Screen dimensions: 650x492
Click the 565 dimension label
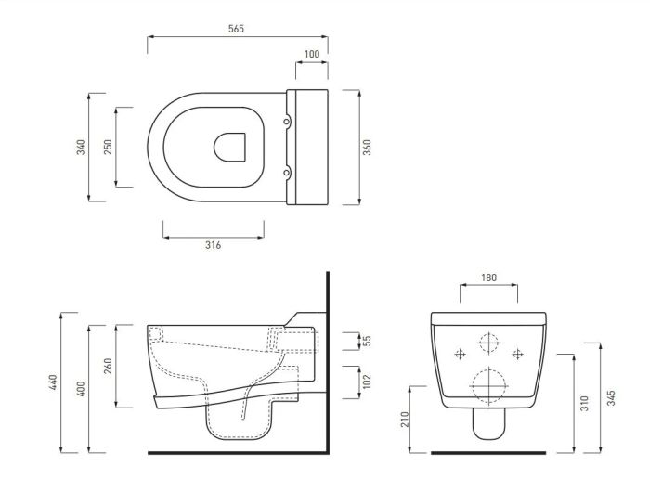(x=236, y=29)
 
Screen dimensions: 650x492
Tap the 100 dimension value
(x=312, y=54)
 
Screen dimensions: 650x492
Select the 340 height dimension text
(x=81, y=148)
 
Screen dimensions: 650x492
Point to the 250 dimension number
(x=108, y=148)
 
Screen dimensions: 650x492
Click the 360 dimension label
(x=368, y=148)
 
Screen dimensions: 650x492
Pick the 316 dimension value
(x=213, y=245)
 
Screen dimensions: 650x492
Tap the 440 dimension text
(x=53, y=382)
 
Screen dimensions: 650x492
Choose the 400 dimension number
(x=81, y=389)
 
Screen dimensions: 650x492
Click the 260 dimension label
(x=108, y=366)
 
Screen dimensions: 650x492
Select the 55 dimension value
(x=368, y=341)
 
